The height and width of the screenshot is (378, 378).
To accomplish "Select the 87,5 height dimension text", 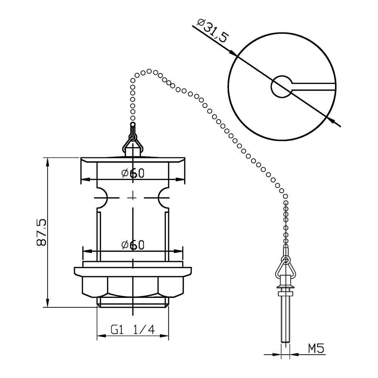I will [41, 232].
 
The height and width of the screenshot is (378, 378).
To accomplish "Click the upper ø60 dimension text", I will [133, 173].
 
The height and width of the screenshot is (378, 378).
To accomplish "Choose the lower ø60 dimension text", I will [133, 245].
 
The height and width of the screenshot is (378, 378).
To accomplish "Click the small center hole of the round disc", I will [281, 86].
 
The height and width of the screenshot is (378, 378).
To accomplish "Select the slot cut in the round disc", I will [314, 87].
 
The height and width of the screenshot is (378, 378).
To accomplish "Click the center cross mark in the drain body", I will [133, 197].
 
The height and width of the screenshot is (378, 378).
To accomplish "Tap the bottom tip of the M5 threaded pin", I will [286, 342].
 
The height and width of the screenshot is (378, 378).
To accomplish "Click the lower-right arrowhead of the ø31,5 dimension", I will [330, 119].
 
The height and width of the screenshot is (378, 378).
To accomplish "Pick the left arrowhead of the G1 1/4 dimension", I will [100, 335].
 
